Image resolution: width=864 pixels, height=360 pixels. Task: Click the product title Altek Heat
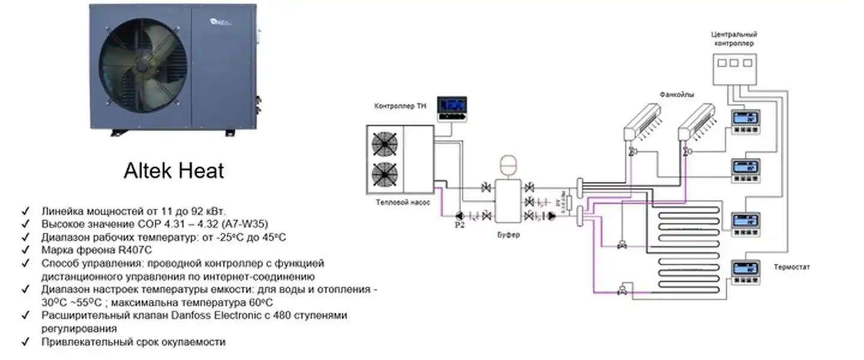173,171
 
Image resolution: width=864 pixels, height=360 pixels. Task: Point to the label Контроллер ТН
401,106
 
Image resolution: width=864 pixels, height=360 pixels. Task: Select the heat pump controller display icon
451,109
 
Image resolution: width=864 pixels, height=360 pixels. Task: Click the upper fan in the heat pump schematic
385,144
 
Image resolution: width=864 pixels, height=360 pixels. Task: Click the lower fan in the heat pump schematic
385,174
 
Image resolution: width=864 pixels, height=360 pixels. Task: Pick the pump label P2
460,226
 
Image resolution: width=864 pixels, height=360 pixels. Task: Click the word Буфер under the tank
509,235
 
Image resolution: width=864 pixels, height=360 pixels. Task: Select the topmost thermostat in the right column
745,118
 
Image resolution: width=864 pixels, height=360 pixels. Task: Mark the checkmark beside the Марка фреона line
25,250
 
